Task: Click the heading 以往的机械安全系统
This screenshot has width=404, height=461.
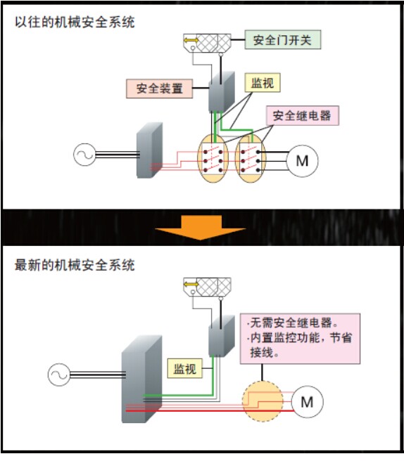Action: pyautogui.click(x=75, y=22)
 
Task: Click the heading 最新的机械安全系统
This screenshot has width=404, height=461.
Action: pyautogui.click(x=75, y=265)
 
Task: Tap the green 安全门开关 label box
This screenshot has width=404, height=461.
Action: pyautogui.click(x=283, y=39)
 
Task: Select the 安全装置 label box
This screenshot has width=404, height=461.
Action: pyautogui.click(x=160, y=89)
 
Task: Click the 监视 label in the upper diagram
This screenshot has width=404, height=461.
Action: pyautogui.click(x=263, y=83)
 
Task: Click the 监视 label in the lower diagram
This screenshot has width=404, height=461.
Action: pyautogui.click(x=184, y=368)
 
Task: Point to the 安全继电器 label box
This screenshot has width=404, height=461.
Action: pyautogui.click(x=303, y=115)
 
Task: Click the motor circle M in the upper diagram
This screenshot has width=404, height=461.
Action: pyautogui.click(x=302, y=161)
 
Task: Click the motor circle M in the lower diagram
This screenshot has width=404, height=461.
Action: pyautogui.click(x=307, y=401)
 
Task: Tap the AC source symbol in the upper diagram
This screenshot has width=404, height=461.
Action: pyautogui.click(x=84, y=155)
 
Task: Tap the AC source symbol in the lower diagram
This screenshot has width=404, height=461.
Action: pyautogui.click(x=59, y=375)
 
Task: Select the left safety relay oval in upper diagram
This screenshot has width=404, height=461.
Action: pyautogui.click(x=213, y=158)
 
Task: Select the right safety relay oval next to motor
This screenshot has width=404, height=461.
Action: pyautogui.click(x=251, y=158)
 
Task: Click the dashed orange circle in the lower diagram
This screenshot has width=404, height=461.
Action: pyautogui.click(x=263, y=401)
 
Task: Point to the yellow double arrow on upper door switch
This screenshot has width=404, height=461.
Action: pyautogui.click(x=191, y=40)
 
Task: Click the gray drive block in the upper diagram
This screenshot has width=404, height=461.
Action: pyautogui.click(x=149, y=150)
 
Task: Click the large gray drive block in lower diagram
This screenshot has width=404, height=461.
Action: pyautogui.click(x=142, y=379)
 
